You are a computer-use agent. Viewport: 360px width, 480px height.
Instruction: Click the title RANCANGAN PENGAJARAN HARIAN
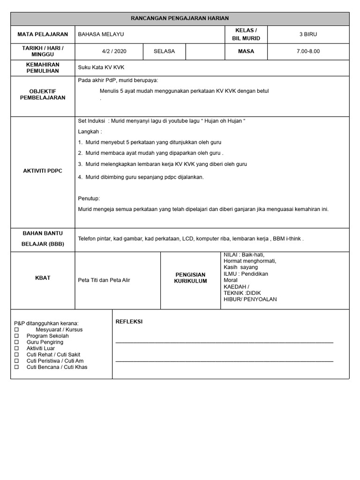pyautogui.click(x=180, y=18)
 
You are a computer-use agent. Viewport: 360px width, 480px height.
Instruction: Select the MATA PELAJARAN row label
pyautogui.click(x=43, y=34)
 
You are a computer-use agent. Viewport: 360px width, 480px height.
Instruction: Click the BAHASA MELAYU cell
pyautogui.click(x=101, y=34)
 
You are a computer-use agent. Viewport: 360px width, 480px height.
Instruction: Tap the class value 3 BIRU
pyautogui.click(x=308, y=34)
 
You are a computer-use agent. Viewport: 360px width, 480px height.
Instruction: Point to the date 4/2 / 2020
pyautogui.click(x=111, y=51)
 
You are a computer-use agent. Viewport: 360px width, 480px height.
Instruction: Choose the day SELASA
pyautogui.click(x=164, y=51)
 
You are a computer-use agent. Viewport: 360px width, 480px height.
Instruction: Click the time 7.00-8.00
pyautogui.click(x=308, y=51)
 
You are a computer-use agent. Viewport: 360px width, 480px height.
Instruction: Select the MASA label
pyautogui.click(x=246, y=51)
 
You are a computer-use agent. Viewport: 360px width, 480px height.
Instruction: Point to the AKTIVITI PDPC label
pyautogui.click(x=43, y=171)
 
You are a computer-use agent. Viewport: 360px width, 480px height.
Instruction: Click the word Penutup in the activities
pyautogui.click(x=89, y=198)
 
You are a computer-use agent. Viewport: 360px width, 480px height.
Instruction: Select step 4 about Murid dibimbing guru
pyautogui.click(x=141, y=177)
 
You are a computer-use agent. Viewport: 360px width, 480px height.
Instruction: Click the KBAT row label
pyautogui.click(x=43, y=278)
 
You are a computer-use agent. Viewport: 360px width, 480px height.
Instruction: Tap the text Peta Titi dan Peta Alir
pyautogui.click(x=104, y=280)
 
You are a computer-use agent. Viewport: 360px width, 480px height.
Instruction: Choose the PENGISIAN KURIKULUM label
pyautogui.click(x=190, y=278)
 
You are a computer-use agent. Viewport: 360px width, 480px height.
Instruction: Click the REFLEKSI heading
pyautogui.click(x=129, y=322)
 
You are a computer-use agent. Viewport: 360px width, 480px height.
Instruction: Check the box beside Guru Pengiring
pyautogui.click(x=16, y=342)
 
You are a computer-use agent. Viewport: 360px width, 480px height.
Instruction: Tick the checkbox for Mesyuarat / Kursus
pyautogui.click(x=16, y=330)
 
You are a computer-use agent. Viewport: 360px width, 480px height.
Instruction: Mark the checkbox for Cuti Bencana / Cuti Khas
pyautogui.click(x=16, y=367)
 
